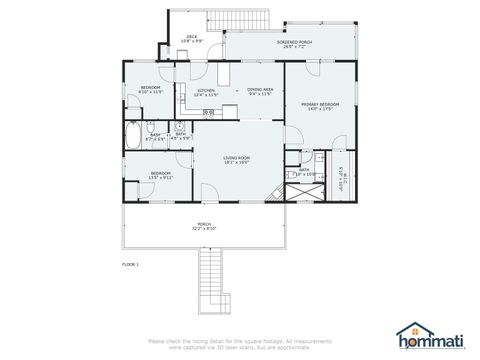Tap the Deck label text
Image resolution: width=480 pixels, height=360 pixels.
[x=192, y=39]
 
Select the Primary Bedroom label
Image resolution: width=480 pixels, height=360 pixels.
[x=321, y=106]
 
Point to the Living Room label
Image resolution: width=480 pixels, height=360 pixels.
[x=236, y=160]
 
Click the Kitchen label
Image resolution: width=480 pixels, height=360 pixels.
[x=206, y=92]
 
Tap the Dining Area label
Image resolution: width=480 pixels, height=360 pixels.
[x=260, y=92]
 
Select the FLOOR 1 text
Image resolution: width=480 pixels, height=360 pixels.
[x=130, y=264]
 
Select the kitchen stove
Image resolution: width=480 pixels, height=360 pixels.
[x=208, y=113]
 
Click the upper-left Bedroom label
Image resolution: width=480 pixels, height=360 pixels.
[x=149, y=90]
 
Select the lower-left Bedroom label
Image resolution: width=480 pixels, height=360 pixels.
[x=161, y=174]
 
